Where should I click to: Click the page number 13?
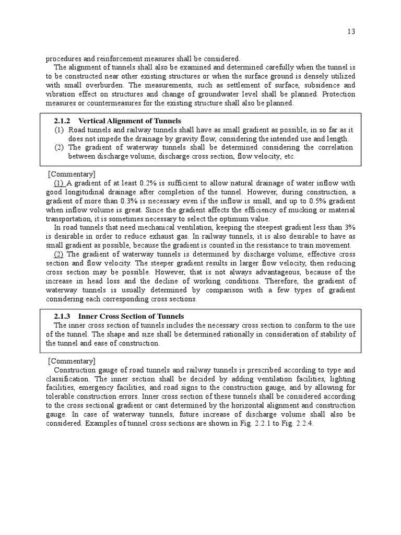351,32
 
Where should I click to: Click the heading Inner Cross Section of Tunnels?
131,317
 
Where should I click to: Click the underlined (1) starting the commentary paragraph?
59,183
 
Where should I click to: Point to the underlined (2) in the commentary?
59,254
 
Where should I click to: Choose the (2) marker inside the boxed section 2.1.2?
59,147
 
